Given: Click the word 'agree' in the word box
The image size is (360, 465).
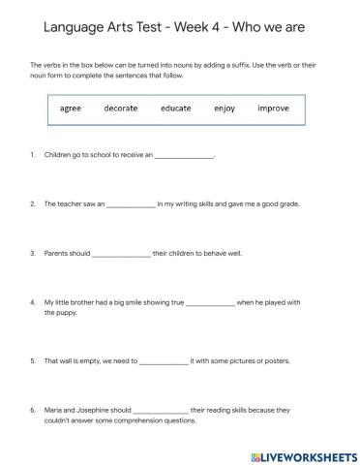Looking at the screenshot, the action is pos(71,108).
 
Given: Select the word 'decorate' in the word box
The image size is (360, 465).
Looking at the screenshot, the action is pos(121,108).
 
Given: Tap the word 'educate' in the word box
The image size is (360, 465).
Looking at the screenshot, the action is pos(176,108).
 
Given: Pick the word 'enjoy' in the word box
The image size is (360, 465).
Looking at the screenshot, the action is pos(225,108).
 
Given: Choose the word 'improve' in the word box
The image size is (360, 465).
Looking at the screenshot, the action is pos(273,108).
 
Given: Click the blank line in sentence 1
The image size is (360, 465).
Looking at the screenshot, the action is pos(183,156).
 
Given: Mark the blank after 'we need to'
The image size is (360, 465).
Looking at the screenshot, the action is pos(164,361).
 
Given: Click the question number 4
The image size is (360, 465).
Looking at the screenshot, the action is pos(33,302).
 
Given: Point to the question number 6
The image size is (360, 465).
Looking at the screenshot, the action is pos(33,410).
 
